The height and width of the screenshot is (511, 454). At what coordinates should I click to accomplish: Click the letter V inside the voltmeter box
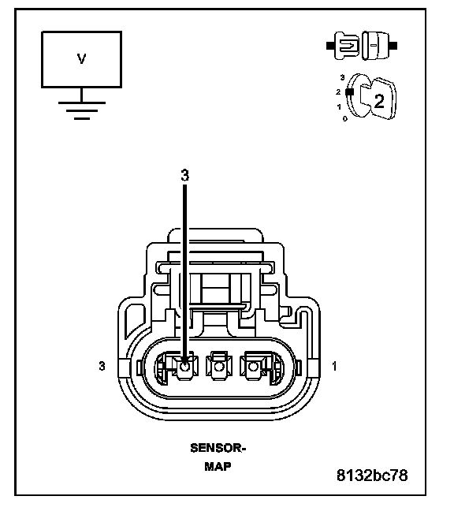[x=81, y=59]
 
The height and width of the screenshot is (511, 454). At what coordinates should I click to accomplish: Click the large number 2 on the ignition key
[x=379, y=102]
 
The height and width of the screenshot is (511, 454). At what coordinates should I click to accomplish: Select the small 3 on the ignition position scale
[x=342, y=77]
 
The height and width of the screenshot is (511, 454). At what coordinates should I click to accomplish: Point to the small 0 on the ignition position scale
[x=345, y=119]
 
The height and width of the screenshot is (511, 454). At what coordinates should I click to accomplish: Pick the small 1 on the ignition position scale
[x=339, y=107]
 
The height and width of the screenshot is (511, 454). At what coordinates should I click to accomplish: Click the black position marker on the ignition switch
[x=349, y=92]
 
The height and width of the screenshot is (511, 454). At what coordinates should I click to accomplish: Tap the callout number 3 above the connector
[x=184, y=175]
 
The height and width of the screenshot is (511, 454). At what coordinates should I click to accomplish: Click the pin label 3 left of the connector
[x=102, y=366]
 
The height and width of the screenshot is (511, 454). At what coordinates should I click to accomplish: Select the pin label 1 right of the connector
[x=334, y=367]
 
